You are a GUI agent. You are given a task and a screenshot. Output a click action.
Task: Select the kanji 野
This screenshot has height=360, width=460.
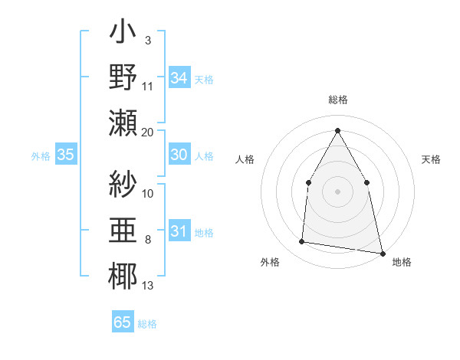pyautogui.click(x=123, y=77)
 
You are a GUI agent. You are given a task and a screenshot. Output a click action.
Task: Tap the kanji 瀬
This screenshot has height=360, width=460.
pyautogui.click(x=123, y=123)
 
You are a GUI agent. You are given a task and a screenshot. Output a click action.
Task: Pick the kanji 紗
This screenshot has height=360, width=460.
pyautogui.click(x=123, y=184)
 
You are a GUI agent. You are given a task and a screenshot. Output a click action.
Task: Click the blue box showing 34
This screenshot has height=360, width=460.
pyautogui.click(x=179, y=78)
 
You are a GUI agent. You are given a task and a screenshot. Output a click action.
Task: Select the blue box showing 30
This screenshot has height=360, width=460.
pyautogui.click(x=179, y=155)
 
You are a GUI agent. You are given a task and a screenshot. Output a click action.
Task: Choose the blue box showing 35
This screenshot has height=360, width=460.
pyautogui.click(x=66, y=155)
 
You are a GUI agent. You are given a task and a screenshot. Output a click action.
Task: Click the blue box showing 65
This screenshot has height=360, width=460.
pyautogui.click(x=123, y=322)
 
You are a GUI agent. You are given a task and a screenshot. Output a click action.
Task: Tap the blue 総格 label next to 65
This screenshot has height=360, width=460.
pyautogui.click(x=147, y=324)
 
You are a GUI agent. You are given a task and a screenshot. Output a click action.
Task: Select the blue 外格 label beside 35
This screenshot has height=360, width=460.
pyautogui.click(x=41, y=156)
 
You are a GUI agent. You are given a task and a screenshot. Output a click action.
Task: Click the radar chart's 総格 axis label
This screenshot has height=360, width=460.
pyautogui.click(x=337, y=100)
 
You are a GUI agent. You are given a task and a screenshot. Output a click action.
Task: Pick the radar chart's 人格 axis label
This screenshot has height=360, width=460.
pyautogui.click(x=245, y=159)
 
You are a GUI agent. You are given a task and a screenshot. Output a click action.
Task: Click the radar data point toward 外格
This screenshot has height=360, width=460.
pyautogui.click(x=302, y=242)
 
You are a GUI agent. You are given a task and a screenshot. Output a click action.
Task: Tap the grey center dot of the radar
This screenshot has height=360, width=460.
pyautogui.click(x=337, y=191)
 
